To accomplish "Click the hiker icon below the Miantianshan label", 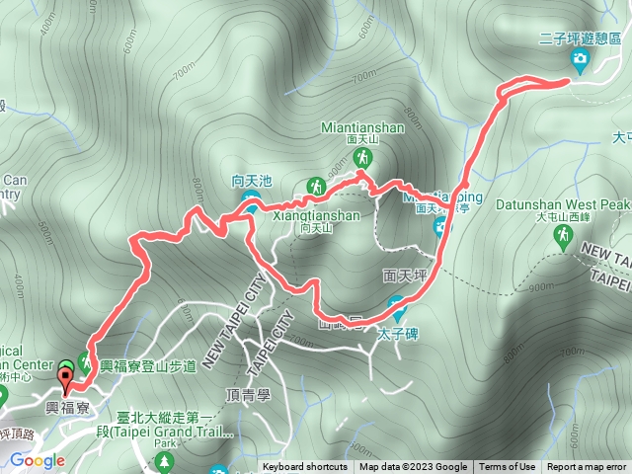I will [364, 158].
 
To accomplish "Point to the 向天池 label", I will [251, 181].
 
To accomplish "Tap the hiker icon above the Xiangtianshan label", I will [316, 185].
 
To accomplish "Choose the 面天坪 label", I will [402, 274].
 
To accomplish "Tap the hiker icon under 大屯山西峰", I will [563, 235].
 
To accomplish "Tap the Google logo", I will [38, 460].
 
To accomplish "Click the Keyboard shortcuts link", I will [305, 467].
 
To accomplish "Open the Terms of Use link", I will [508, 467].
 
